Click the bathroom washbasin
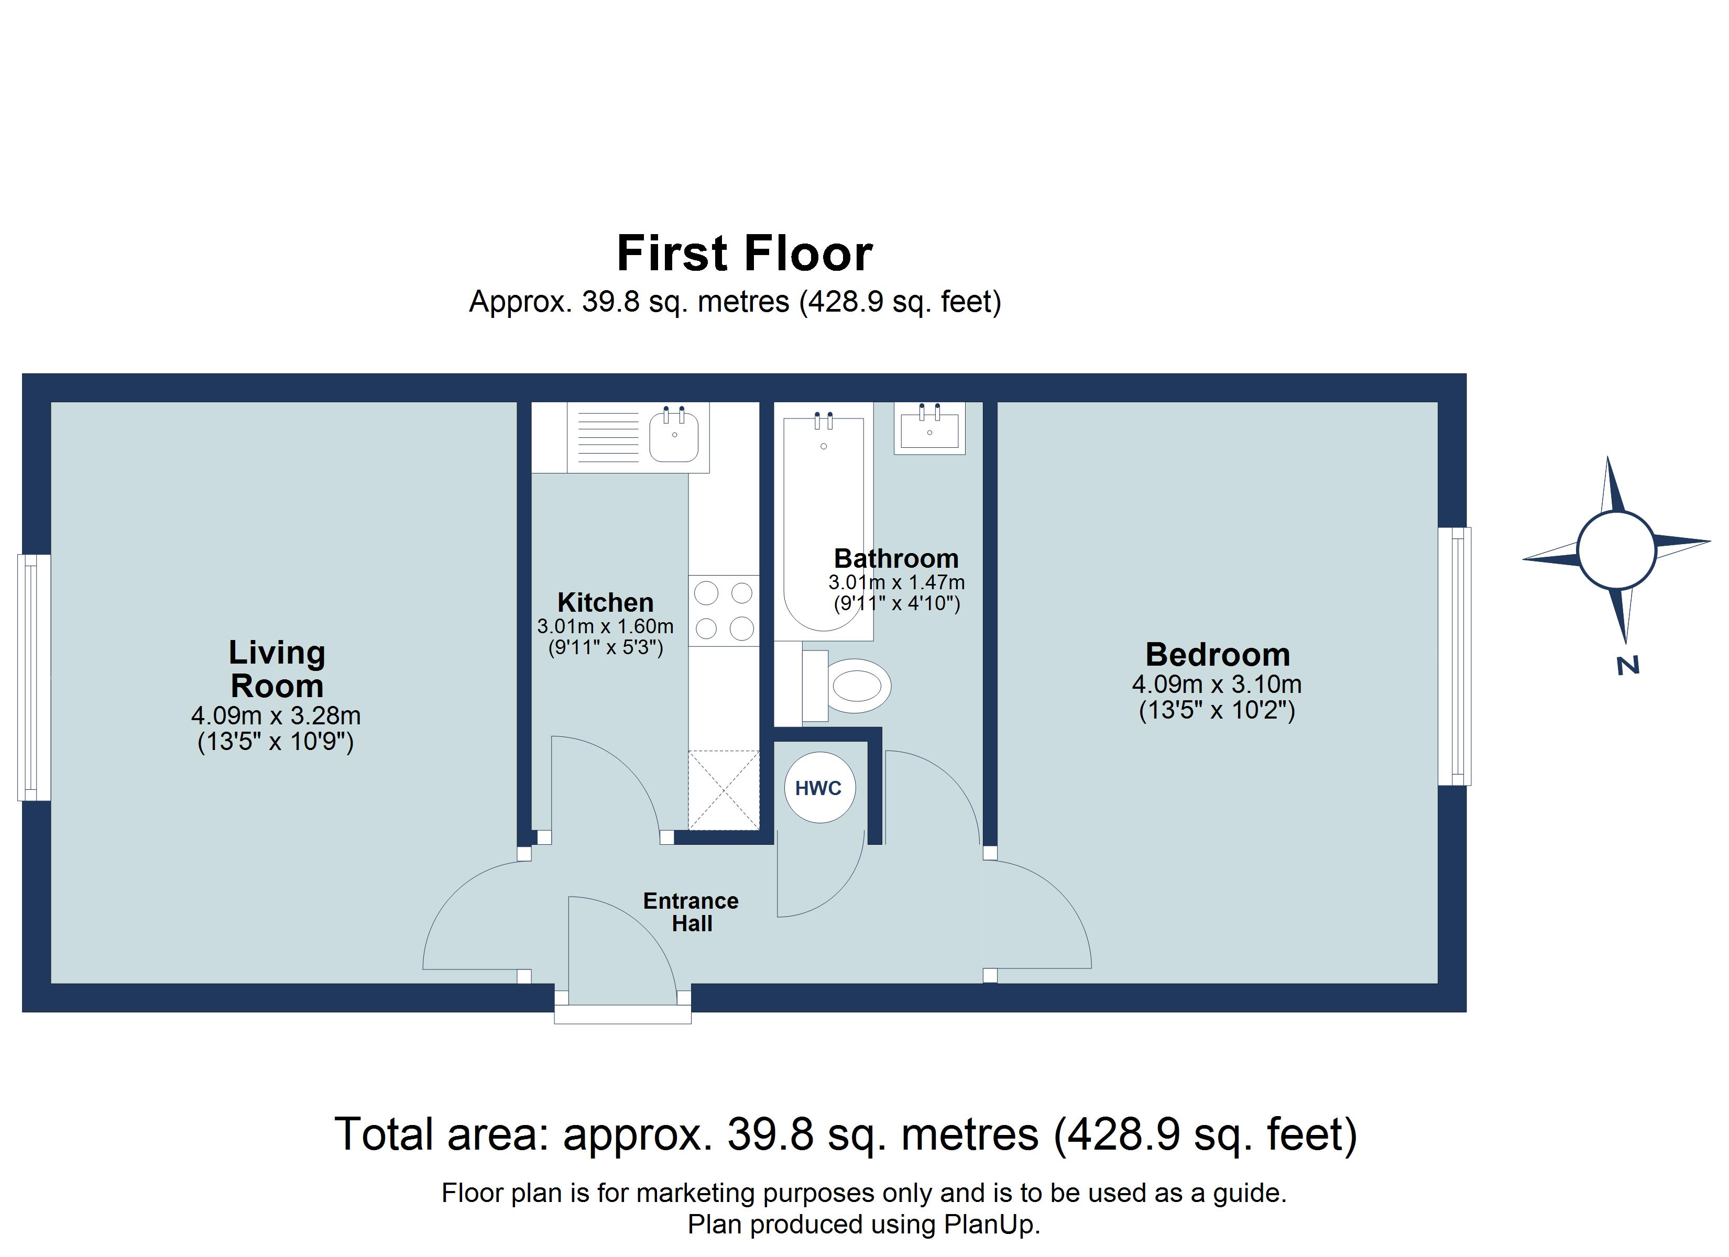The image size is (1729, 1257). click(929, 428)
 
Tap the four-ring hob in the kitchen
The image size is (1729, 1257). click(724, 611)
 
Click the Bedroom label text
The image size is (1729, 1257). click(1218, 654)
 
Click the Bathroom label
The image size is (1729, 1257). click(896, 558)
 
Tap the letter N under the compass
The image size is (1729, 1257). click(1627, 666)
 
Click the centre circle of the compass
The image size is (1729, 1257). click(1616, 550)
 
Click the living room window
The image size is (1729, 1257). click(34, 678)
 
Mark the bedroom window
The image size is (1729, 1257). click(1454, 656)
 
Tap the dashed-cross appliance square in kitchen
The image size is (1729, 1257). click(724, 790)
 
